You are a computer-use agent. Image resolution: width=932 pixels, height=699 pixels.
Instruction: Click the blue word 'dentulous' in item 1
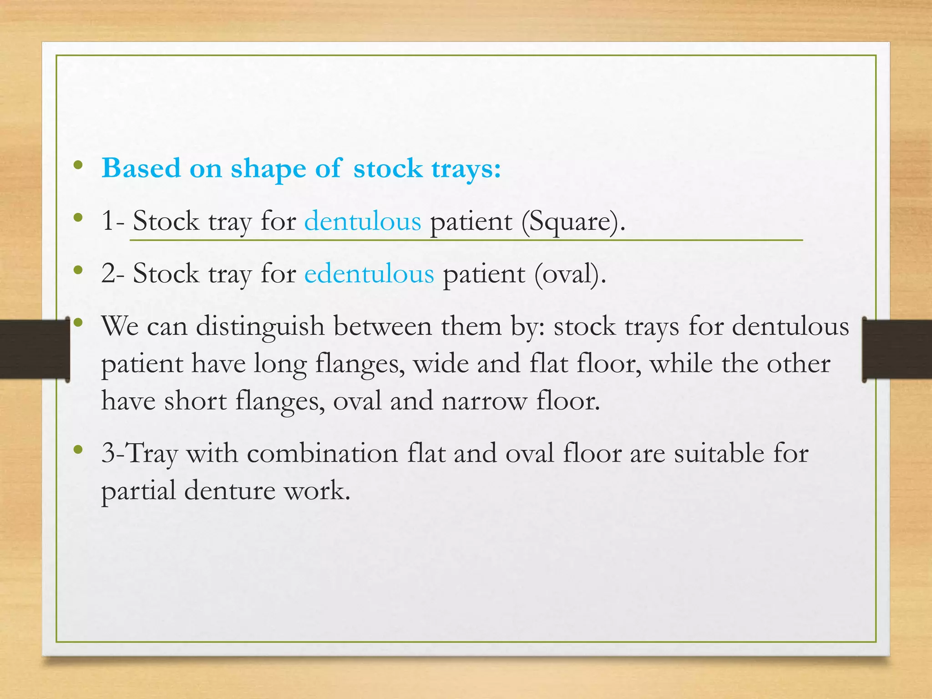click(x=363, y=222)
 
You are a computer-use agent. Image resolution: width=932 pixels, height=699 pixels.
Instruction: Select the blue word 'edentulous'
click(x=369, y=274)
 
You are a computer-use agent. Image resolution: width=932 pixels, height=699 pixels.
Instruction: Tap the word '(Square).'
click(x=573, y=222)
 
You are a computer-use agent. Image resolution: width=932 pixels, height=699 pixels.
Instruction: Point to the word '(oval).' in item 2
click(x=570, y=274)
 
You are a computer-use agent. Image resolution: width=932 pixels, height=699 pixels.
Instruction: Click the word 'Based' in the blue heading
click(x=142, y=168)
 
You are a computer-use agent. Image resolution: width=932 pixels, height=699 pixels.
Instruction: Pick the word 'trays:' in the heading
click(x=466, y=169)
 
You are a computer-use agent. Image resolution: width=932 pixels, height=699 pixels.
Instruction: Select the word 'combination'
click(x=322, y=453)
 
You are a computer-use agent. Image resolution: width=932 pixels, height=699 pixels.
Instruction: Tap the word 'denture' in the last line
click(x=230, y=491)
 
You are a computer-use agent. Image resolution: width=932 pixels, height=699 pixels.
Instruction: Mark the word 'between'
click(x=383, y=327)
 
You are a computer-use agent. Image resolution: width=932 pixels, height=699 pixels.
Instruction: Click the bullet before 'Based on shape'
click(x=78, y=166)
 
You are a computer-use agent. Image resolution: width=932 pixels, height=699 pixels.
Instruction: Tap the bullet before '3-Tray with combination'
click(x=78, y=450)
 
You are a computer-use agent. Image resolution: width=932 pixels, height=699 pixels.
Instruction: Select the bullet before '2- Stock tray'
click(x=78, y=271)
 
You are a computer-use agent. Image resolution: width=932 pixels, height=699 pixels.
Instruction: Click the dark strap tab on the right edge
click(x=897, y=349)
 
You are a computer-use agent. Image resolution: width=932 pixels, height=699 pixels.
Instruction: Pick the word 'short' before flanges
click(x=195, y=401)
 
